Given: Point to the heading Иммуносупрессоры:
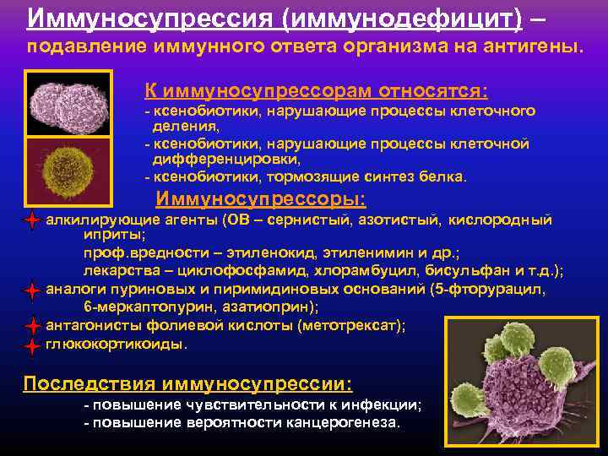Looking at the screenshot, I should tap(262, 199).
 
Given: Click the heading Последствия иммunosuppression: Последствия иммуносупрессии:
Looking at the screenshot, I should tap(187, 383).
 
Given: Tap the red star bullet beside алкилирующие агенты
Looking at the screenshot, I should tap(32, 220).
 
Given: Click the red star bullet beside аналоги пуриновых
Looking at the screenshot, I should tap(32, 291).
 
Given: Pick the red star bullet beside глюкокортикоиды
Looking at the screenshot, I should tap(32, 345).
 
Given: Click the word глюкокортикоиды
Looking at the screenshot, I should tap(115, 345).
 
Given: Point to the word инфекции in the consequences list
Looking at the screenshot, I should tap(383, 404).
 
